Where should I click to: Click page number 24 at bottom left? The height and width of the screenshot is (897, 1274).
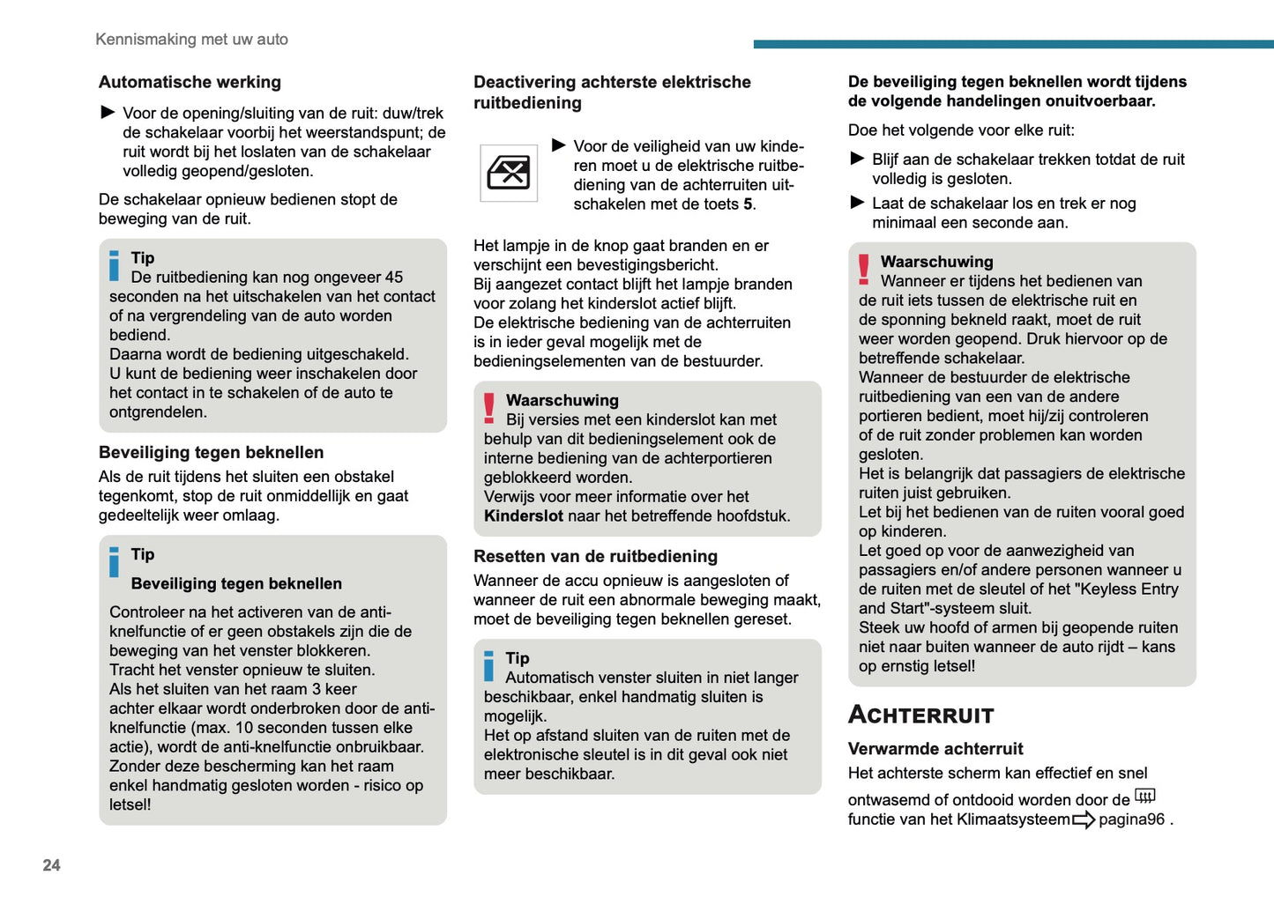[x=51, y=865]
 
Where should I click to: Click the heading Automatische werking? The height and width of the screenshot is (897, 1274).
[x=190, y=82]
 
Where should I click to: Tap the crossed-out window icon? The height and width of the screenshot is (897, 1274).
[x=509, y=173]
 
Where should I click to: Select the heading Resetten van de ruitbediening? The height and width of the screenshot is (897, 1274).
[x=595, y=556]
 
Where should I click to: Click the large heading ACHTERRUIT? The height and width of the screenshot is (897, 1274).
[x=920, y=715]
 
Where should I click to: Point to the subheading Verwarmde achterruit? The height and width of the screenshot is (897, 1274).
[x=935, y=749]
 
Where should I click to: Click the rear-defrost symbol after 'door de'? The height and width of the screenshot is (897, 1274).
[x=1144, y=797]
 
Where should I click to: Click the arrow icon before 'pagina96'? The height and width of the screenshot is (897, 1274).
[x=1084, y=820]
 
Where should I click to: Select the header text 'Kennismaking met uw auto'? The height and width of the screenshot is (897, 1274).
[x=191, y=40]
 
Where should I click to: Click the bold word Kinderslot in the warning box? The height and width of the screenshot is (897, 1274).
[x=523, y=516]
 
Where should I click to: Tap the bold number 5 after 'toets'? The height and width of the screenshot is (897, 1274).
[x=748, y=204]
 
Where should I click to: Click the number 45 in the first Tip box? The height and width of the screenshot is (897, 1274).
[x=394, y=278]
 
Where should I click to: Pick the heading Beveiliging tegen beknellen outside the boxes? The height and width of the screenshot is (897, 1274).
[x=211, y=453]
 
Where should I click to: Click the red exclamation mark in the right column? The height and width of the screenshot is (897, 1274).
[x=863, y=269]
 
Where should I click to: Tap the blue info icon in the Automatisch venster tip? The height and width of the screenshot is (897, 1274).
[x=489, y=666]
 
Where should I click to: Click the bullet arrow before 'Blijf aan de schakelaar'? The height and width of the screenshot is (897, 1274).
[x=857, y=159]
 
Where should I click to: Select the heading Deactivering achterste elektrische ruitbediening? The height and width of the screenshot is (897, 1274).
[x=612, y=93]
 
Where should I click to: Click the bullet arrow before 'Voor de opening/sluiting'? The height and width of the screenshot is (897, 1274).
[x=108, y=112]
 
